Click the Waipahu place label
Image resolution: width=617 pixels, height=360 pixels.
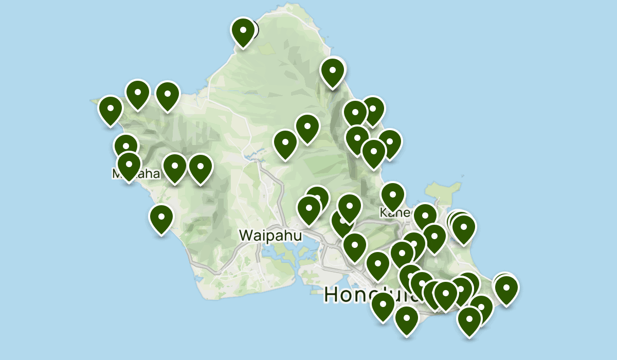click(x=270, y=236)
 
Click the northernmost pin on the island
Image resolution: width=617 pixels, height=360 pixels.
click(x=243, y=32)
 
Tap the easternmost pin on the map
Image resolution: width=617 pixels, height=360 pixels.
click(x=506, y=290)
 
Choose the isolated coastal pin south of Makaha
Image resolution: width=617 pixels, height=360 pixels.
click(x=161, y=219)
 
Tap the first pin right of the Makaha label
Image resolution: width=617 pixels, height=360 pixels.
click(x=175, y=168)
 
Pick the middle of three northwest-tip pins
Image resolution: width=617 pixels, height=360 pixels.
click(x=138, y=95)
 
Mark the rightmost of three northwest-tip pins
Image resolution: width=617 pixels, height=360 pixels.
click(x=167, y=96)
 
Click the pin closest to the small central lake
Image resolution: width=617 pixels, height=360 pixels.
click(x=285, y=145)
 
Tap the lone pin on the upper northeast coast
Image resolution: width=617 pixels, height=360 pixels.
click(x=333, y=73)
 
